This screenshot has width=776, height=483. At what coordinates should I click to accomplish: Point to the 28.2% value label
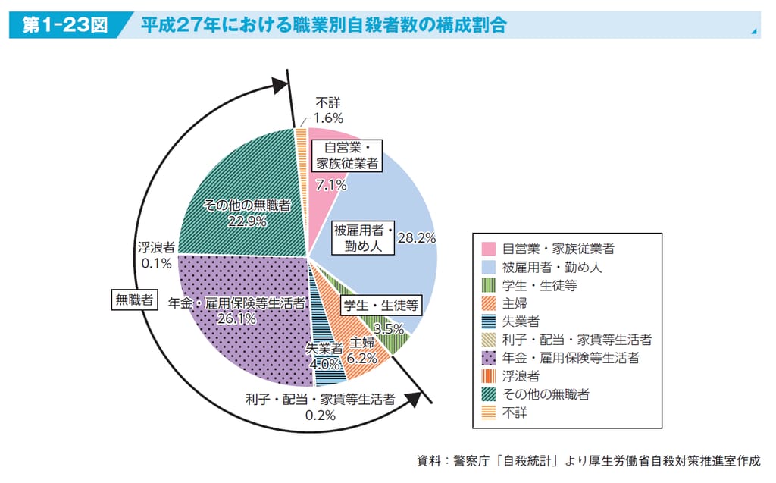[416, 238]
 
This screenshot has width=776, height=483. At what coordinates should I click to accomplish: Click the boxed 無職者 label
[133, 300]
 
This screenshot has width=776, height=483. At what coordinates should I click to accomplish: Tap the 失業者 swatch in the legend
[488, 321]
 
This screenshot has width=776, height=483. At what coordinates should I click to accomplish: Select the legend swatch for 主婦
[488, 303]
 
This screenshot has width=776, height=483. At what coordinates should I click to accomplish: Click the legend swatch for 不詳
[488, 413]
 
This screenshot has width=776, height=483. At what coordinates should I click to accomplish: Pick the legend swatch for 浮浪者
[488, 376]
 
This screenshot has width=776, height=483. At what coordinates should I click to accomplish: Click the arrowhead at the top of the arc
[280, 85]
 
